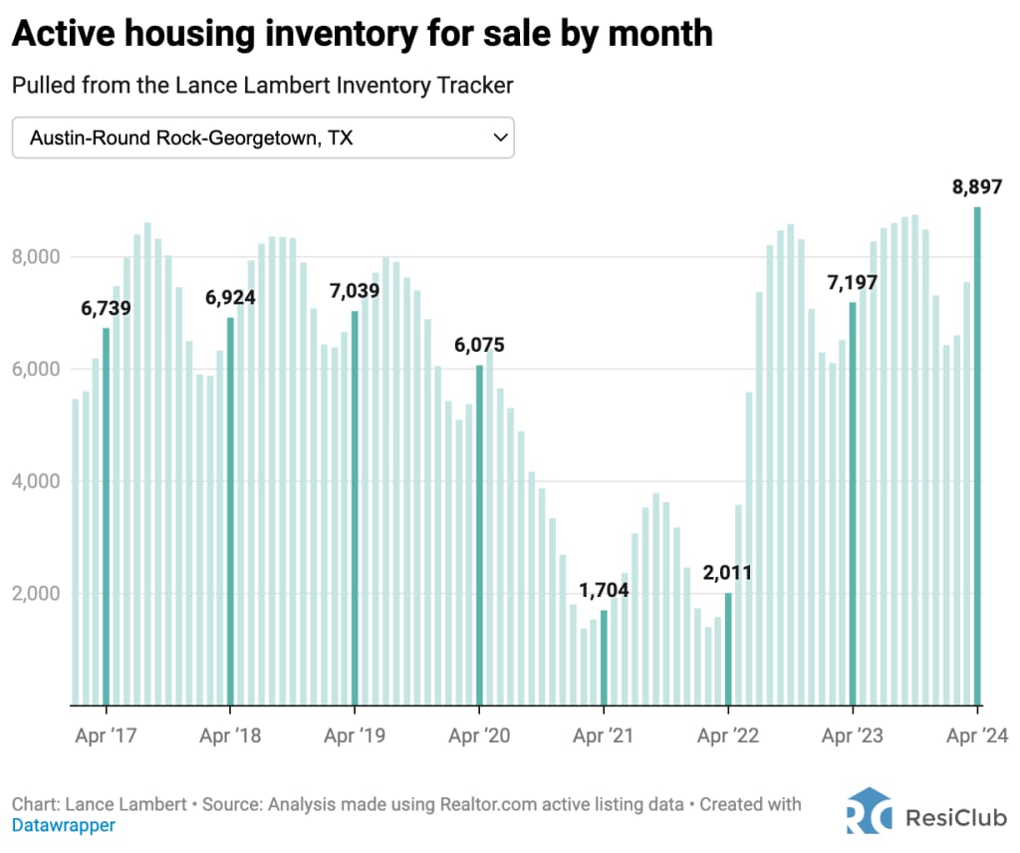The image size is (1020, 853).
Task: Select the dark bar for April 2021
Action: (x=604, y=658)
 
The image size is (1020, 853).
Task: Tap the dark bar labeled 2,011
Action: (x=728, y=649)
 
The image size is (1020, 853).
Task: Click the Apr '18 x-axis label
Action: (x=230, y=736)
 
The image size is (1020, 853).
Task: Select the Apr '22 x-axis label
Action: (x=728, y=736)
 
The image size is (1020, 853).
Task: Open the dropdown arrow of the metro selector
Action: (x=501, y=139)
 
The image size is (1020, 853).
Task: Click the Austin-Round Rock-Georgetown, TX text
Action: (x=191, y=139)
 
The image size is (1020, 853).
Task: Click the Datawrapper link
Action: (x=63, y=825)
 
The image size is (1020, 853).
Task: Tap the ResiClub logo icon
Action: (x=869, y=812)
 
